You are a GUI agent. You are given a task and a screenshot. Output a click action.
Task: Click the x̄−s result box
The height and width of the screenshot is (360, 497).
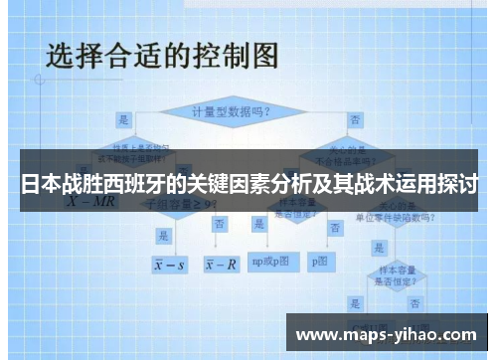[x=170, y=265]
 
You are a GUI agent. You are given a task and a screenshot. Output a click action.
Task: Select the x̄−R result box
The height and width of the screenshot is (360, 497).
[x=221, y=265]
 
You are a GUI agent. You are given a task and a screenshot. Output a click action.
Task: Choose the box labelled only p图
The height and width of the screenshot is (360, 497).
[x=319, y=262]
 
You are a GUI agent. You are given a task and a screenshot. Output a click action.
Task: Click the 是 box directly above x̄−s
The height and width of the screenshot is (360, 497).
[x=163, y=235]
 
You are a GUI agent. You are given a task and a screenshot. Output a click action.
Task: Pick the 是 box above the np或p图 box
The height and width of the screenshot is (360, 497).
[x=259, y=225]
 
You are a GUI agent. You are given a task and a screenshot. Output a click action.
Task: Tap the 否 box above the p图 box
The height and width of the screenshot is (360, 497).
[x=328, y=225]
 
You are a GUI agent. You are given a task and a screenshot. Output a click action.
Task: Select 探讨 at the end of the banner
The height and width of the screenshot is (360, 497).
[x=458, y=185]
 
